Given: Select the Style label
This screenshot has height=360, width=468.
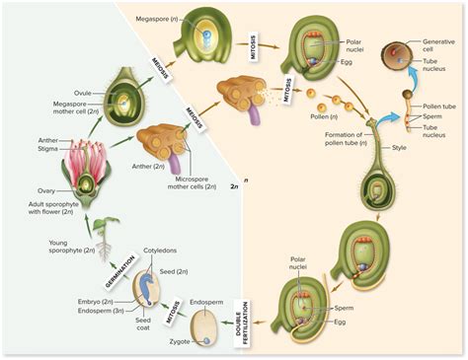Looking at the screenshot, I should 400,147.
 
